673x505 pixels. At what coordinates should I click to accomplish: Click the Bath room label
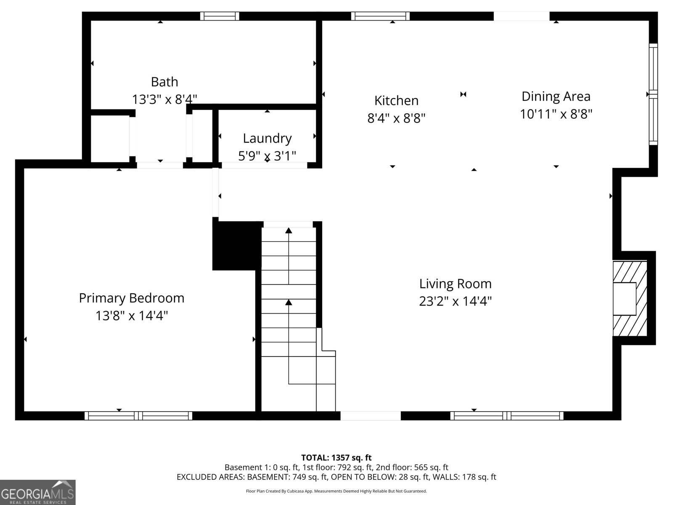click(164, 82)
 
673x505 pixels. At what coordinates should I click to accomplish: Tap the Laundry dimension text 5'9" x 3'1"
click(267, 156)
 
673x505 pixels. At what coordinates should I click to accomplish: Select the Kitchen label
click(396, 101)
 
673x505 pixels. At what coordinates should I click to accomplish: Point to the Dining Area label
click(556, 97)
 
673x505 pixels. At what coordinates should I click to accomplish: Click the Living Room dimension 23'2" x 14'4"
click(455, 301)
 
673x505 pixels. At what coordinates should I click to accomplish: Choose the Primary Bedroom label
click(132, 298)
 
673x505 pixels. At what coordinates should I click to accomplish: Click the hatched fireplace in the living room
click(630, 299)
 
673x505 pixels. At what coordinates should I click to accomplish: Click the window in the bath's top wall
click(220, 16)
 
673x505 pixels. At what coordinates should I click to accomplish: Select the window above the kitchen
click(380, 16)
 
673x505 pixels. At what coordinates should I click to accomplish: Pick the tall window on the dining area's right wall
click(653, 94)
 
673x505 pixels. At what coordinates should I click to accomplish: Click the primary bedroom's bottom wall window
click(138, 416)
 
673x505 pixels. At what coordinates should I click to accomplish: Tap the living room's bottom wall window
click(506, 416)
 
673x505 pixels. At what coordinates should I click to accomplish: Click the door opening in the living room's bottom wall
click(371, 416)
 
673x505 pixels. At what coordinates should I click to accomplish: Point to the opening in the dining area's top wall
click(521, 16)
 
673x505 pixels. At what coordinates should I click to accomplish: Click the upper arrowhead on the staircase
click(289, 231)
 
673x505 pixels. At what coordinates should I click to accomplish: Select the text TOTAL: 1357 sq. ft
click(336, 458)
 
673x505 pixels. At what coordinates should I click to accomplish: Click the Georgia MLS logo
click(38, 492)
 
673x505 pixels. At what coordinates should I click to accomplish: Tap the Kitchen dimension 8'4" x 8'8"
click(396, 118)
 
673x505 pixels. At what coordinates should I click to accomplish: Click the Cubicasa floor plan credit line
click(336, 491)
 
